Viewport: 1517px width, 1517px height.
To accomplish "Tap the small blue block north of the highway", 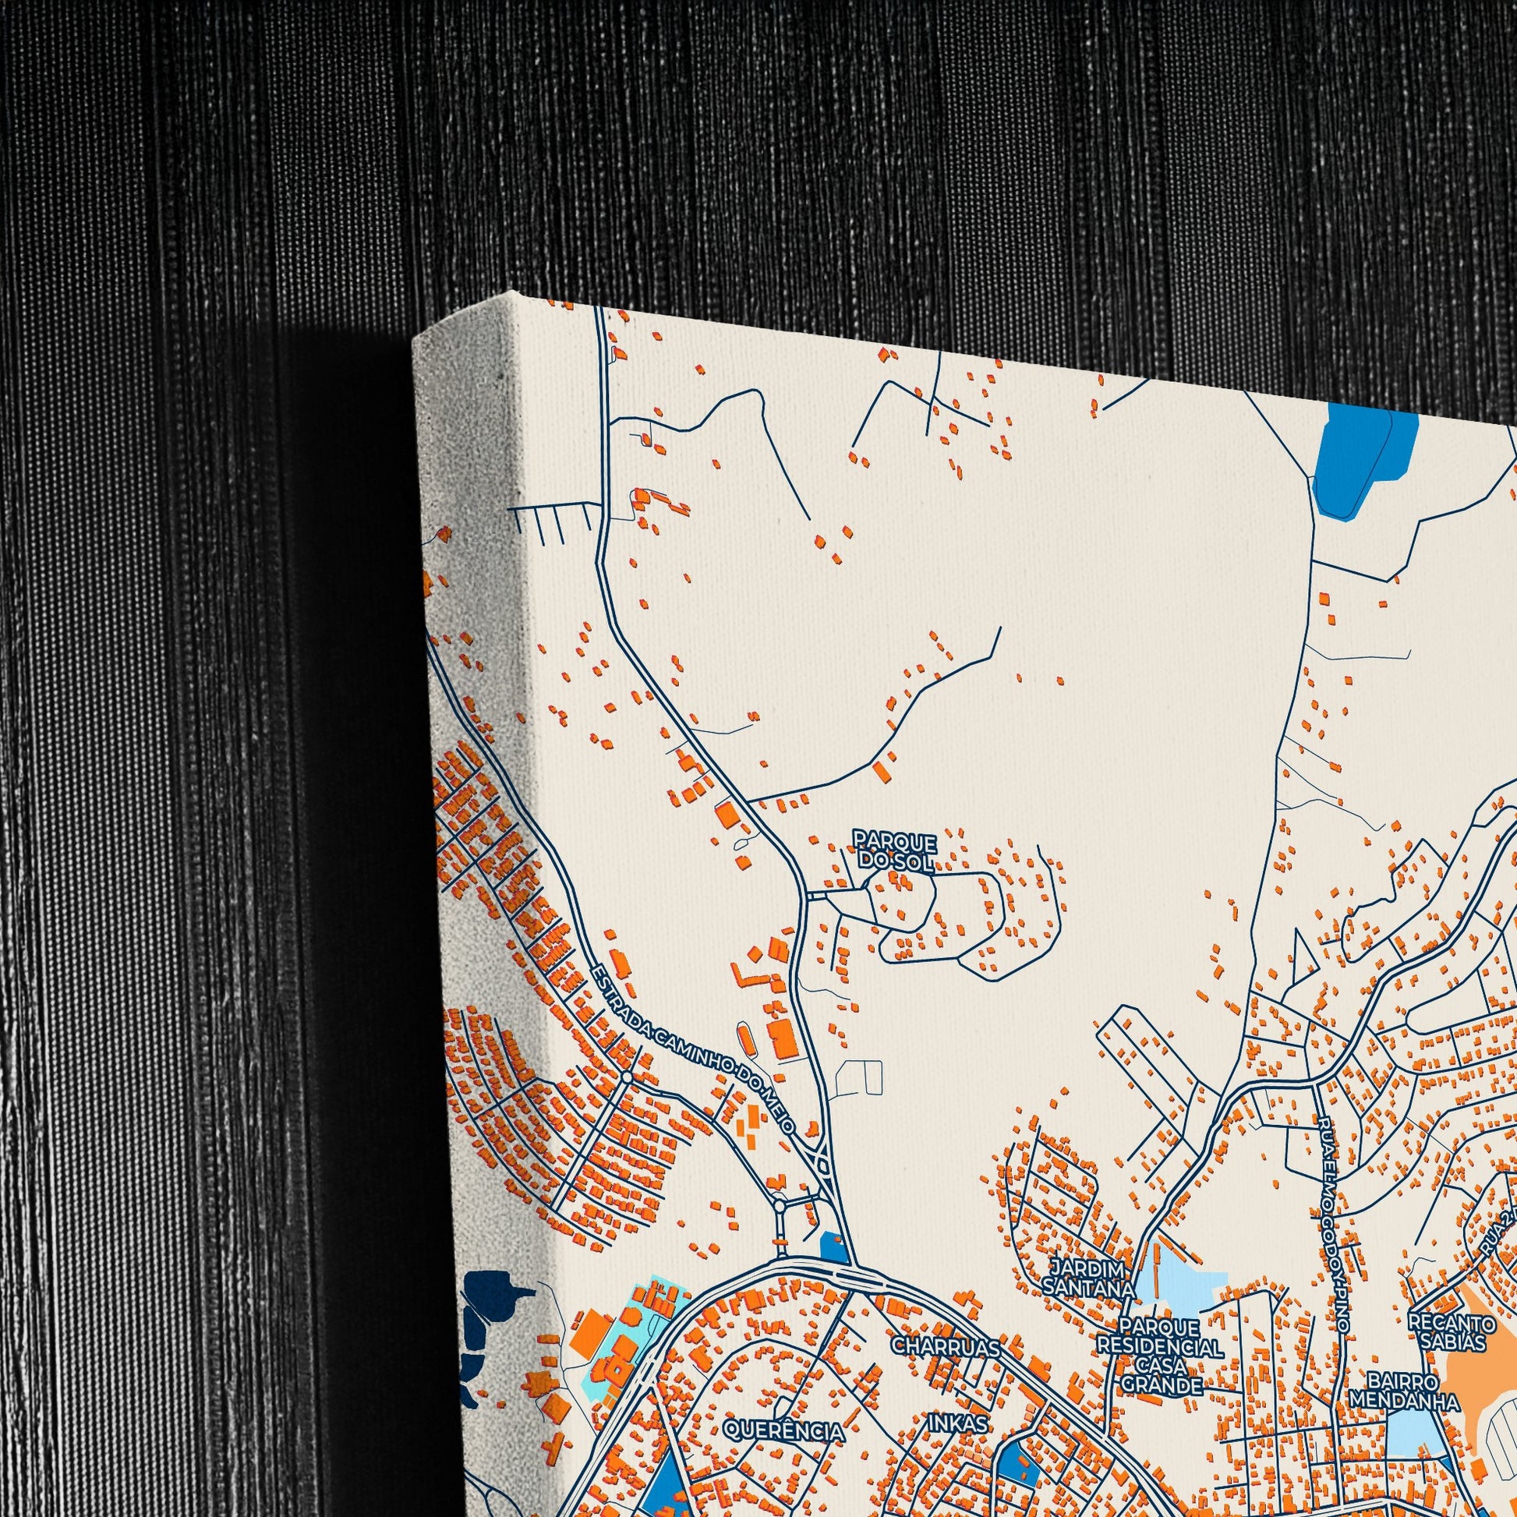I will point(832,1250).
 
